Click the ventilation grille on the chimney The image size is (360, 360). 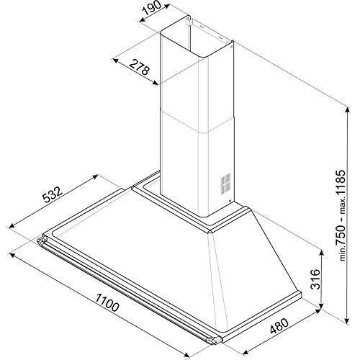tap(225, 184)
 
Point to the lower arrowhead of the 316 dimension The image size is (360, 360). tap(319, 310)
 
